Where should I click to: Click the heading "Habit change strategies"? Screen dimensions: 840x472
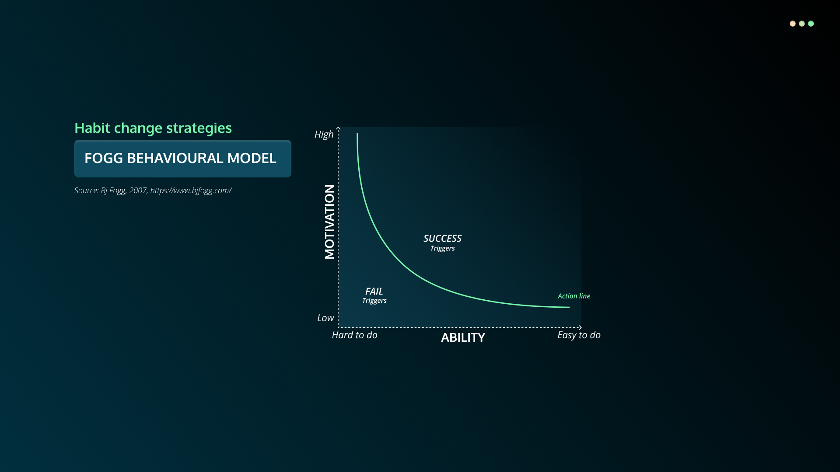153,128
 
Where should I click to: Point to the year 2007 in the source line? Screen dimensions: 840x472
138,191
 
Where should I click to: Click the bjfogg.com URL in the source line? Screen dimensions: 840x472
191,191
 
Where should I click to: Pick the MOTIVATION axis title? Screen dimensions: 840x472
329,222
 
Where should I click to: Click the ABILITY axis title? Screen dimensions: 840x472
463,337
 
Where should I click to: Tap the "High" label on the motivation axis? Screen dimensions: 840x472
324,135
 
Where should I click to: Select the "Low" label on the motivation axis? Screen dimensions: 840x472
325,318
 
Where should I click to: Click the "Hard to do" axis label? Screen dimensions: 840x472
354,335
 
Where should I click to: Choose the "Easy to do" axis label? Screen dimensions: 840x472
579,335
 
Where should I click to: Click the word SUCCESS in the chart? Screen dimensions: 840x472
442,239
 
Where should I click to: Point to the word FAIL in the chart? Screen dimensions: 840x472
374,292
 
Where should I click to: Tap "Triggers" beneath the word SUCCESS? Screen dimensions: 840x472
442,249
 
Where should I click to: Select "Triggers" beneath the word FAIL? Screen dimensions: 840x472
374,301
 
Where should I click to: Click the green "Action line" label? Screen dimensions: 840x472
574,296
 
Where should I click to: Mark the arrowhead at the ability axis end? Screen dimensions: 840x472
580,327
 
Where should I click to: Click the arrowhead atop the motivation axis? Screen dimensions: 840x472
338,128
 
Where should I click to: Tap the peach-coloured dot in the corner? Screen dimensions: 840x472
792,24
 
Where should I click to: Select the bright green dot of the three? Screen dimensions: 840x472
811,24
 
